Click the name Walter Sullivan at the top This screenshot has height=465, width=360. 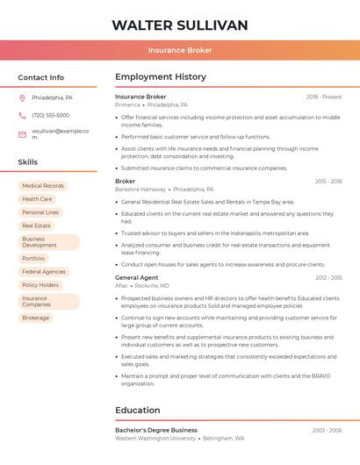180,25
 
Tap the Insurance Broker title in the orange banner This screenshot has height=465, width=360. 180,50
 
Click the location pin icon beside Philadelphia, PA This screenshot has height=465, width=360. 22,97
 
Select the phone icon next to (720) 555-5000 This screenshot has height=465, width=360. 22,115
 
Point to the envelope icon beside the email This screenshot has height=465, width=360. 22,133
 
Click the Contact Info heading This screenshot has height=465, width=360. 41,77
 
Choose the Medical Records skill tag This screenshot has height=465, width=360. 43,186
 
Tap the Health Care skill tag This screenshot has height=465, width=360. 37,199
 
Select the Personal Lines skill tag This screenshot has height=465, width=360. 40,212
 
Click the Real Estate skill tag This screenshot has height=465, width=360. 36,225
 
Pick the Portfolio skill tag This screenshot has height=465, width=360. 33,258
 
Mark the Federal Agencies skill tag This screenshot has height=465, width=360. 44,271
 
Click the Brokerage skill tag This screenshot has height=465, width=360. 36,318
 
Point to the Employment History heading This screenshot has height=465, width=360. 161,77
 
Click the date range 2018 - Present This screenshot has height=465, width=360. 324,97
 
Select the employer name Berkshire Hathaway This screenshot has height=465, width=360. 140,190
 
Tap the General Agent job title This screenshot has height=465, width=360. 137,277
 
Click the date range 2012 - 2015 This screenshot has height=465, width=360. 328,277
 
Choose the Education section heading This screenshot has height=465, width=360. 138,410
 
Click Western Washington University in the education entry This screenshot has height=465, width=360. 155,438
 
